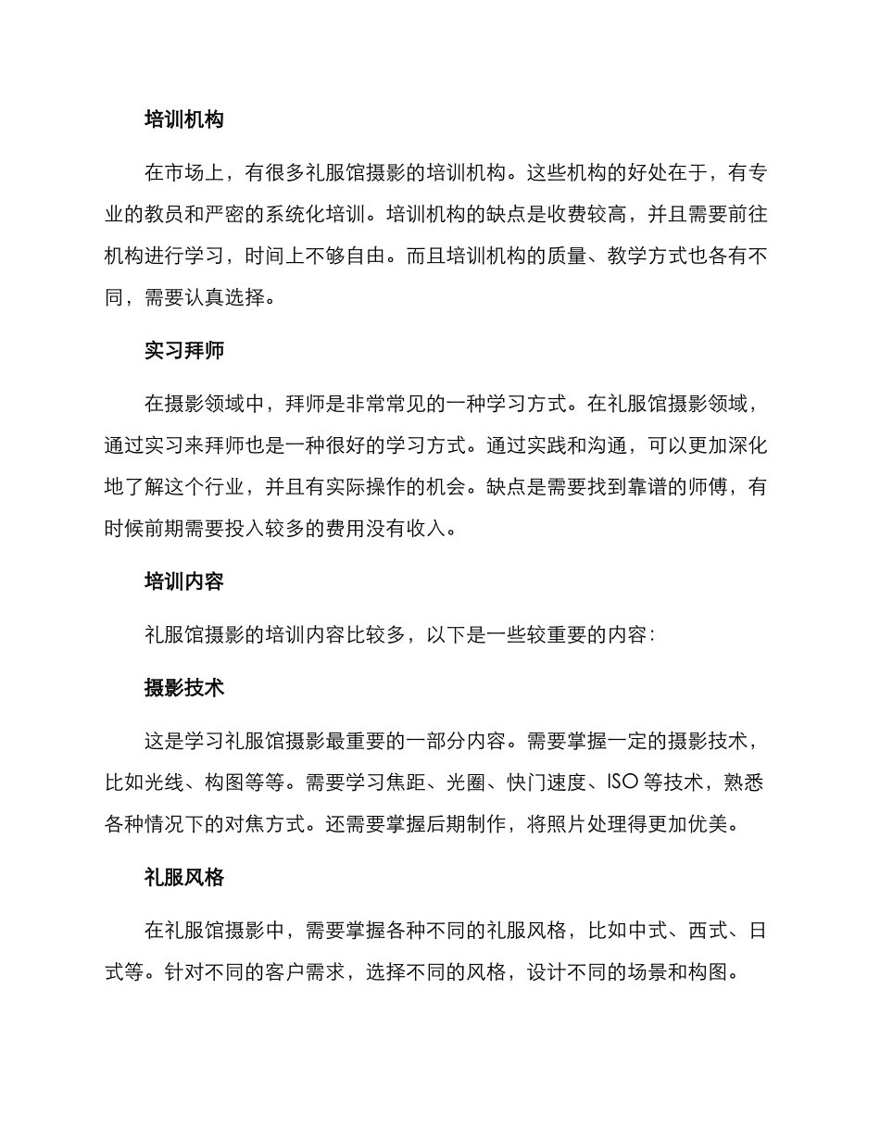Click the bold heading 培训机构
tap(184, 119)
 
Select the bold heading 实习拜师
tap(184, 351)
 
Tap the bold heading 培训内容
tap(184, 582)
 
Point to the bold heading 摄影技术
tap(184, 688)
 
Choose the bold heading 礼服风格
tap(184, 878)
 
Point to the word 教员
tap(185, 215)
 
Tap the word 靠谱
tap(647, 487)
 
